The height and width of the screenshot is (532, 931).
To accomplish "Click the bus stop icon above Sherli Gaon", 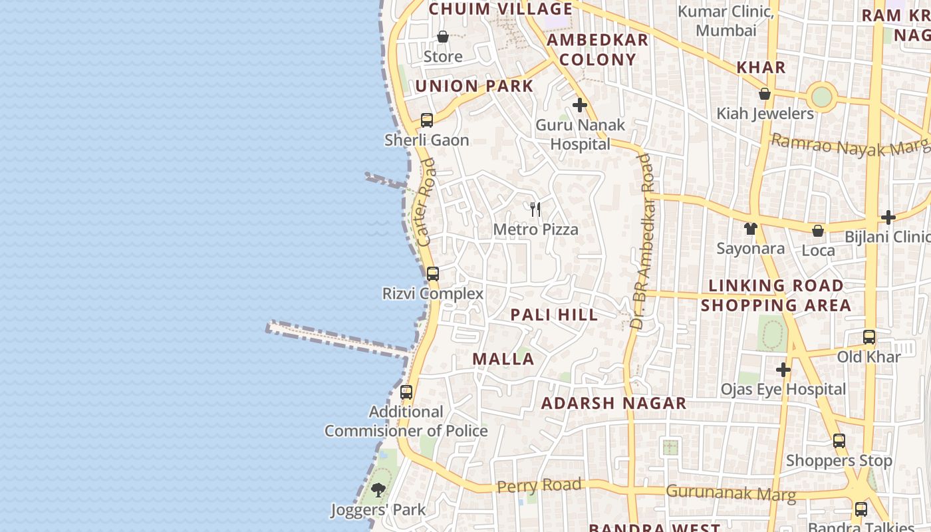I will (427, 120).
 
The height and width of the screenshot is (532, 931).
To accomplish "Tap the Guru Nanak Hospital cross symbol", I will (580, 105).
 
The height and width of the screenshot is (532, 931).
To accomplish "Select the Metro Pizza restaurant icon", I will (535, 209).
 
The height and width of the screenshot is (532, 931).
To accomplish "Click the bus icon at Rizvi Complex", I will (433, 273).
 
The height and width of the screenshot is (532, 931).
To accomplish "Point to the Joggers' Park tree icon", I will (378, 491).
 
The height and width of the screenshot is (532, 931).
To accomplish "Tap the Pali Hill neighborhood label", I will (555, 315).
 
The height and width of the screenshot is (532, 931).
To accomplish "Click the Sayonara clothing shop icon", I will (751, 229).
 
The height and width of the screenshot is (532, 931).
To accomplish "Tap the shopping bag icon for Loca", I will (818, 231).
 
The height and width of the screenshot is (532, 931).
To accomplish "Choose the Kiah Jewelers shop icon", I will (765, 94).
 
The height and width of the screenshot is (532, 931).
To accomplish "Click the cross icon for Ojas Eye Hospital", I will (783, 370).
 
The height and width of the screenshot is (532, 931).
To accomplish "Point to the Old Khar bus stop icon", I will (869, 337).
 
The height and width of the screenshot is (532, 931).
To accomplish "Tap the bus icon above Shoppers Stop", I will (839, 440).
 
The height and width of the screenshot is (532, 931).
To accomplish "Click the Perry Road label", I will (539, 485).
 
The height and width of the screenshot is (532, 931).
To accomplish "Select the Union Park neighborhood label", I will (475, 86).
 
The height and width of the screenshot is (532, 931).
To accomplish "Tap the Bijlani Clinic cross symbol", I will (888, 217).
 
